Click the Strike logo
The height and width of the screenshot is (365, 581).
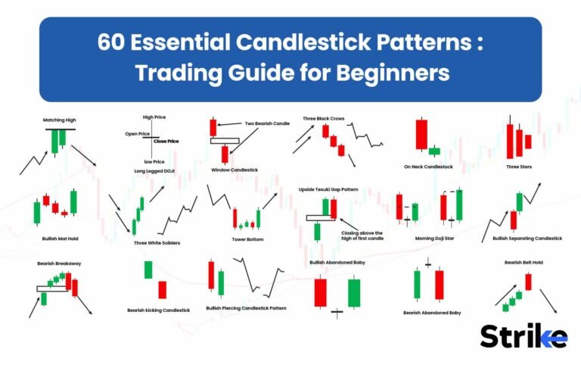(x=523, y=335)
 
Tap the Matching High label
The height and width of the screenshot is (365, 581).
(x=60, y=120)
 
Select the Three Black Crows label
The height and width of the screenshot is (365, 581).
(x=325, y=118)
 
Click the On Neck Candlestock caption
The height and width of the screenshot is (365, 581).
(x=428, y=167)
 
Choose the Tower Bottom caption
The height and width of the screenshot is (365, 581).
(x=247, y=239)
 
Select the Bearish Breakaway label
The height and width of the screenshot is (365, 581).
(x=58, y=264)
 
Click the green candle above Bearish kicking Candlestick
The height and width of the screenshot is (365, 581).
(x=148, y=270)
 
